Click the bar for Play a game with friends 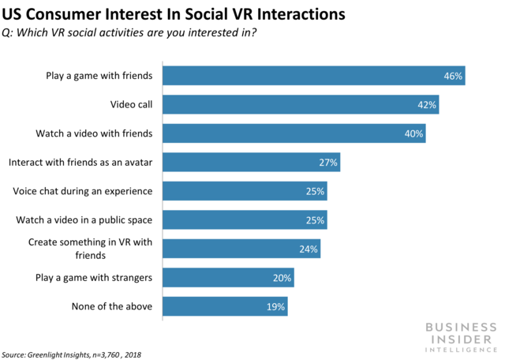tap(313, 76)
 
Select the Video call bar tap(301, 105)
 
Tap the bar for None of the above tap(225, 306)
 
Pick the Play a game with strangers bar tap(228, 278)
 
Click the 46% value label tap(453, 77)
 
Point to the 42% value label tap(427, 105)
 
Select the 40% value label tap(413, 134)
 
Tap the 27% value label tap(328, 163)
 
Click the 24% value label tap(309, 249)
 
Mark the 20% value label tap(282, 278)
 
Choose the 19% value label tap(276, 306)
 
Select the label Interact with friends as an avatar tap(80, 163)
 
